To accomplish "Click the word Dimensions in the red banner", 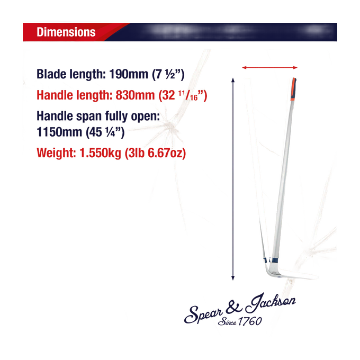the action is [66, 32].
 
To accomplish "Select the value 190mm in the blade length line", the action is [129, 74].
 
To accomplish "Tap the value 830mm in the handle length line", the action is [135, 95].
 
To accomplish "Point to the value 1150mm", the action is [59, 132].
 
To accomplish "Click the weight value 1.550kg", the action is [100, 153].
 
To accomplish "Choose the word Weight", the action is [56, 153].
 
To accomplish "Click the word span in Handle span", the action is [89, 116].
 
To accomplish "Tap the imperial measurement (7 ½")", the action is [168, 75].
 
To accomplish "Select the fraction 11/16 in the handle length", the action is [188, 95].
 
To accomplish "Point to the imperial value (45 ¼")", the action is [105, 132].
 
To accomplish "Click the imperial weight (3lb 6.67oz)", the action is [155, 153].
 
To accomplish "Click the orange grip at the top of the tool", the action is [293, 89].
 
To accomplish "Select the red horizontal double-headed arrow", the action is [270, 68].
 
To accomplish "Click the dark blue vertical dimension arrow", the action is [233, 179].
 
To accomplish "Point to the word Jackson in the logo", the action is [271, 303].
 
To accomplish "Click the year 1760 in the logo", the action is [250, 321].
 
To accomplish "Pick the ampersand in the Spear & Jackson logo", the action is [233, 308].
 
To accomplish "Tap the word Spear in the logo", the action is [204, 314].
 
